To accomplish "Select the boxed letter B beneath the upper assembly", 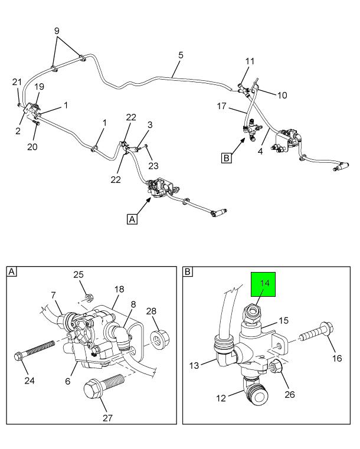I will (x=226, y=158).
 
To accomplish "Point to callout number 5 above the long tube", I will (x=181, y=55).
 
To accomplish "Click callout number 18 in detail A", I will (x=119, y=289).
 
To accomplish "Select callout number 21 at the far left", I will (x=17, y=81).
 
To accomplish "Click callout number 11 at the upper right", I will (x=250, y=61).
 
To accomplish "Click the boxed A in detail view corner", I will (x=12, y=272).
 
